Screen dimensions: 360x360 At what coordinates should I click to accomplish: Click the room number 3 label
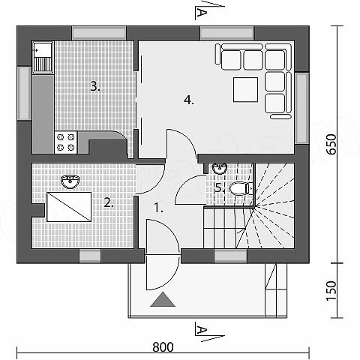95,86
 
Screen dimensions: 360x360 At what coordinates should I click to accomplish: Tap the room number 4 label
189,100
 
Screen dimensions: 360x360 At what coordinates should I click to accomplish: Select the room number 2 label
109,202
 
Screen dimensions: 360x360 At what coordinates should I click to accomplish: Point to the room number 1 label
159,208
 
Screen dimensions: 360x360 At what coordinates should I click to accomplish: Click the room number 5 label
220,187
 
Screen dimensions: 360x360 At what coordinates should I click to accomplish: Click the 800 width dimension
163,347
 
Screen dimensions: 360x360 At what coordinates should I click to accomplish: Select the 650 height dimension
332,145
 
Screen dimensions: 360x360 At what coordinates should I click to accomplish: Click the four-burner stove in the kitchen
66,142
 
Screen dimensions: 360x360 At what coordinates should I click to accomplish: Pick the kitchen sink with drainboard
43,57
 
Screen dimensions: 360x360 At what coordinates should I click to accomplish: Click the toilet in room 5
241,188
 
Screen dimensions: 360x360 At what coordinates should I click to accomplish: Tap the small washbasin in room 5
220,168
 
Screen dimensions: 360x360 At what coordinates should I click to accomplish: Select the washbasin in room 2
70,181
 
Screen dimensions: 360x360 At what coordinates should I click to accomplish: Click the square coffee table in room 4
245,90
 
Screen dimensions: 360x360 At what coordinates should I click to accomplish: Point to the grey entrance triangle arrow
163,299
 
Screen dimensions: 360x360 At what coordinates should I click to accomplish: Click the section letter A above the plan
201,12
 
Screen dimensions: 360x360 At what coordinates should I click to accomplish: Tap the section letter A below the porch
201,330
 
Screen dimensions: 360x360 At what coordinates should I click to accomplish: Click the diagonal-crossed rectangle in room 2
69,207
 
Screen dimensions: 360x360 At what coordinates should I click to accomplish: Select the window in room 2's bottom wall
90,256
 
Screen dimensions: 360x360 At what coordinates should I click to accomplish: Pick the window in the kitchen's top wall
99,33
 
